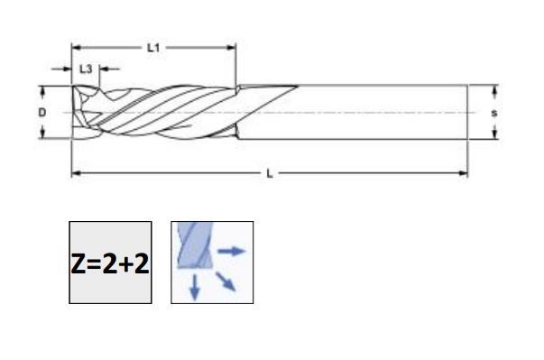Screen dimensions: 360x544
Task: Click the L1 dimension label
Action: coord(153,47)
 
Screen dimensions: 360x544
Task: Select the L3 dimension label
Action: coord(85,69)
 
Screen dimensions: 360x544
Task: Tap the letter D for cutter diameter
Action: coord(41,112)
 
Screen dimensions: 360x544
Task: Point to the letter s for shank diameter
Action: coord(494,113)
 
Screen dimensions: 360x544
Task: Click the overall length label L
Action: coord(269,173)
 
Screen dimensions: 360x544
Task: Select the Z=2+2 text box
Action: coord(110,263)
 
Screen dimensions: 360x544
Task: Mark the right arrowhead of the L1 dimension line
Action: coord(232,47)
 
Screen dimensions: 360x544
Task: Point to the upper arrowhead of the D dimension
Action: coord(41,89)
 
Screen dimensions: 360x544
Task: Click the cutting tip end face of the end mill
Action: coord(75,112)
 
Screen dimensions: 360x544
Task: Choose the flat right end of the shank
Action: coord(467,113)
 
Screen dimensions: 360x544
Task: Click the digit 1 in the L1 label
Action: coord(157,47)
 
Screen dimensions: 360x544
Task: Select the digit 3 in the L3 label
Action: coord(88,69)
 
